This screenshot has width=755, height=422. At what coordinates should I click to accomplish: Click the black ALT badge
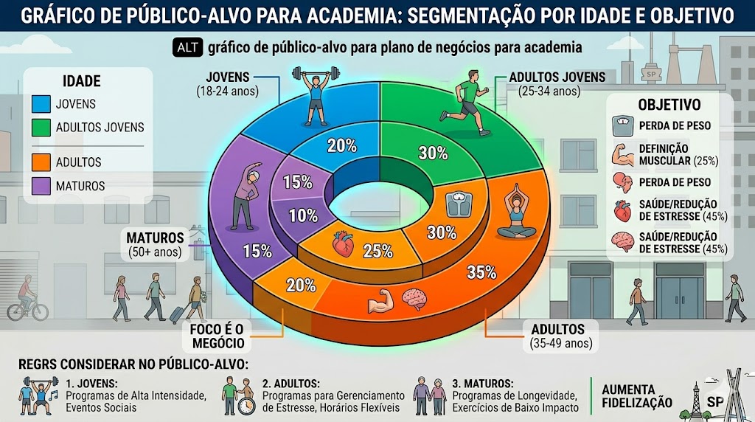[187, 47]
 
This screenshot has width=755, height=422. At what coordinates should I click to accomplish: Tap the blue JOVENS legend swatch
[41, 104]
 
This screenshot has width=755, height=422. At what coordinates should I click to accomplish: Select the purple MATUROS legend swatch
[41, 186]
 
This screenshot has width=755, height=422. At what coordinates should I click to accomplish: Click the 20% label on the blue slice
[342, 145]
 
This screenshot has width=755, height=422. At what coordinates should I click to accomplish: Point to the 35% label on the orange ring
[481, 272]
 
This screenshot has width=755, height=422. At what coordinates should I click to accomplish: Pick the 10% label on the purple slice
[303, 215]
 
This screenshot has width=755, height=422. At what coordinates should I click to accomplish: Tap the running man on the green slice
[466, 103]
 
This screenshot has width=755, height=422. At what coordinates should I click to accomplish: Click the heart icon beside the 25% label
[344, 243]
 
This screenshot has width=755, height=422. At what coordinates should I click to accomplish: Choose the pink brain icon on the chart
[414, 299]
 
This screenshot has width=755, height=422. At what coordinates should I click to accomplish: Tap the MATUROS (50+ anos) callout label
[155, 244]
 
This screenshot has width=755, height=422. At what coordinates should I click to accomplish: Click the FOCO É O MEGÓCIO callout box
[218, 336]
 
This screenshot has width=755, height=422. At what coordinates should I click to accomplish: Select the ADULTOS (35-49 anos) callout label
[560, 336]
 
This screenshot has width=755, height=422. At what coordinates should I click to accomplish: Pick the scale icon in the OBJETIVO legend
[622, 125]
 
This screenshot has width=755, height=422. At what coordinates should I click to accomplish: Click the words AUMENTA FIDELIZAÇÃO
[636, 396]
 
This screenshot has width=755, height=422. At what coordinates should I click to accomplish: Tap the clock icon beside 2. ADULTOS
[246, 406]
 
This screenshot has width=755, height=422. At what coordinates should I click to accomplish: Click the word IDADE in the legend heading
[82, 81]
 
